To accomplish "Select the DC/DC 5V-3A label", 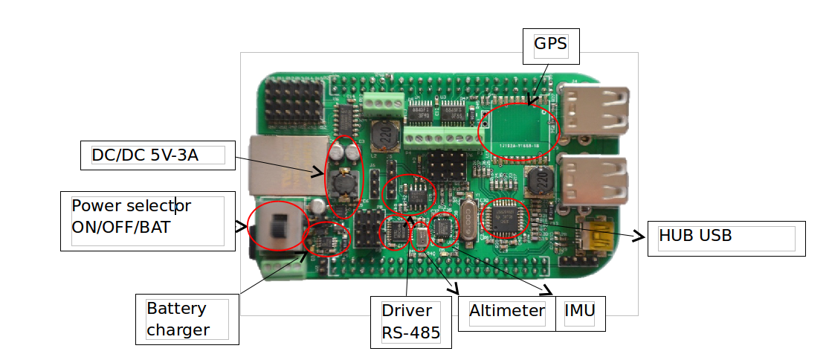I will [x=156, y=155].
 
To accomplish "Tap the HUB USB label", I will [x=726, y=238].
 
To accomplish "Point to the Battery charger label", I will [x=187, y=319].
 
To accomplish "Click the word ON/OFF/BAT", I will [x=120, y=227].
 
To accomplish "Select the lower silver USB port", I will [x=595, y=179].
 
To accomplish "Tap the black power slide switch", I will [x=278, y=226].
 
